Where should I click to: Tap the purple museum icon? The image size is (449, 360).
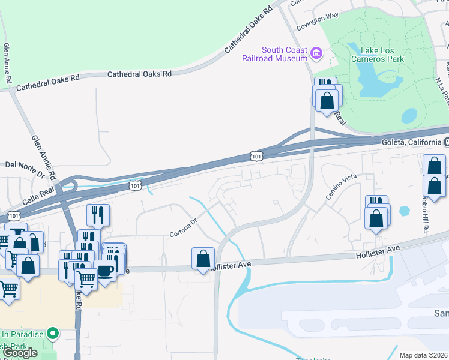316,55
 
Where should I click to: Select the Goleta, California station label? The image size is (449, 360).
412,142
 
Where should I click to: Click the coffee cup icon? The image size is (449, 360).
106,271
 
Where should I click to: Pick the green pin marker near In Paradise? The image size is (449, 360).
53,332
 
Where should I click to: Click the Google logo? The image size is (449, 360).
20,353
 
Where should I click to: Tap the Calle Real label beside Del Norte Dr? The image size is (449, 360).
39,189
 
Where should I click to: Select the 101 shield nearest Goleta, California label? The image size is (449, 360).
256,156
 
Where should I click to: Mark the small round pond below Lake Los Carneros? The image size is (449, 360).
408,115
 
